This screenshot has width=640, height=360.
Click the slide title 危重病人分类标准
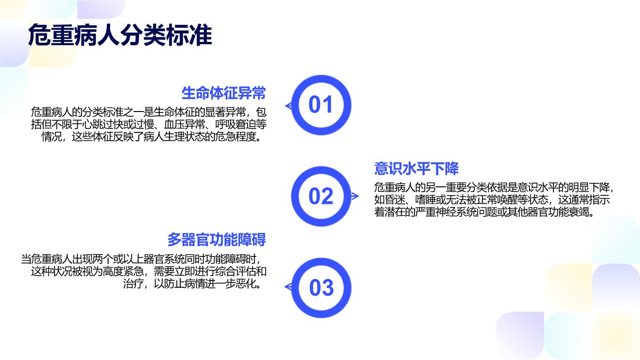[120, 35]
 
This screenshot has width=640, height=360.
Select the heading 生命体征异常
[224, 93]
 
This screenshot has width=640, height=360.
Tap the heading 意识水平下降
[416, 168]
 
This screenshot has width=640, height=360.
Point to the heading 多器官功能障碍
[216, 240]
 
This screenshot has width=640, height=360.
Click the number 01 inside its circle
[320, 104]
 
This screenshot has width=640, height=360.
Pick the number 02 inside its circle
[321, 196]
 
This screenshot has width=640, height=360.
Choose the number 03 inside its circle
[321, 288]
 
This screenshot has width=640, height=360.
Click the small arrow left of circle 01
[288, 106]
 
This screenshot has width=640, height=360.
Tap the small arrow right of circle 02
[355, 196]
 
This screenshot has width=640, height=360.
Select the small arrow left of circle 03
[288, 287]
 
